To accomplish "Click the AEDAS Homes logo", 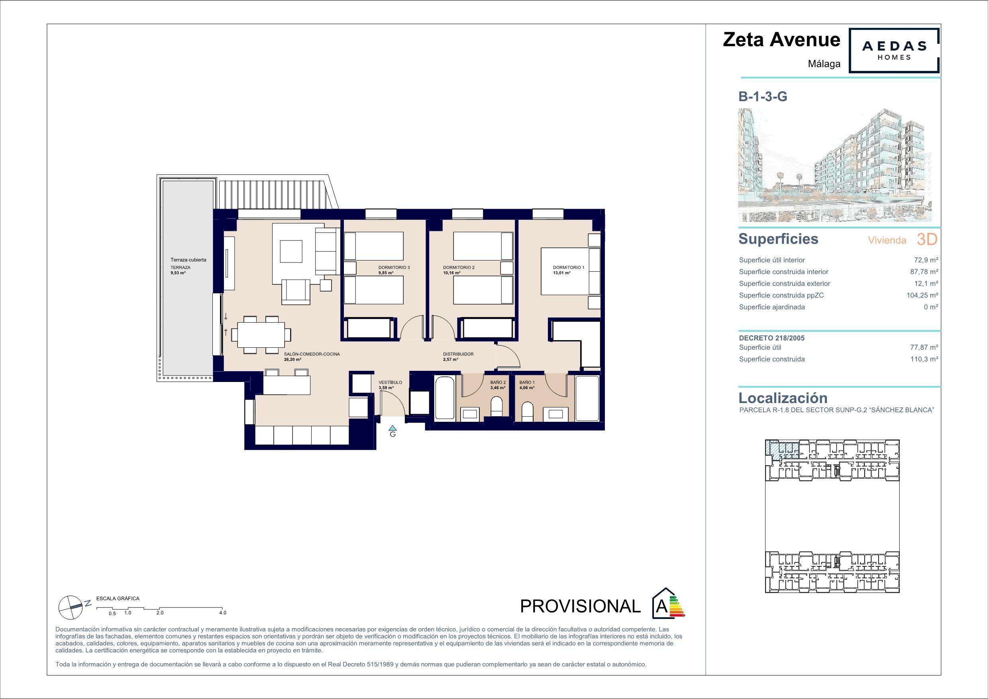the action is (x=894, y=51).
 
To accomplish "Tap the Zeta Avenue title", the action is (x=781, y=39).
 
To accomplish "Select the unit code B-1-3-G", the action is (x=763, y=96).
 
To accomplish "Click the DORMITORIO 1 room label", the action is (x=569, y=268).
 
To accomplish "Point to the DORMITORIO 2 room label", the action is (x=459, y=268).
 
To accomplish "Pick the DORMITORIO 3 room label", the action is (x=394, y=268).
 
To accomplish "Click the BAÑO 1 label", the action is (x=527, y=382).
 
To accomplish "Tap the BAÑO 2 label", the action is (x=498, y=382).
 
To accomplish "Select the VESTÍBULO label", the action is (x=390, y=382).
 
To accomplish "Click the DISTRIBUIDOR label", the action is (x=458, y=354).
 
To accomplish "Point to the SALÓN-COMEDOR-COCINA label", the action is (x=312, y=354).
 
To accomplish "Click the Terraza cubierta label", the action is (x=188, y=260).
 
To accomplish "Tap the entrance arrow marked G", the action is (x=392, y=428).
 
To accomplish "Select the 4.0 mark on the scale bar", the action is (x=222, y=613).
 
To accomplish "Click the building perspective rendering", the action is (x=835, y=165).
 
